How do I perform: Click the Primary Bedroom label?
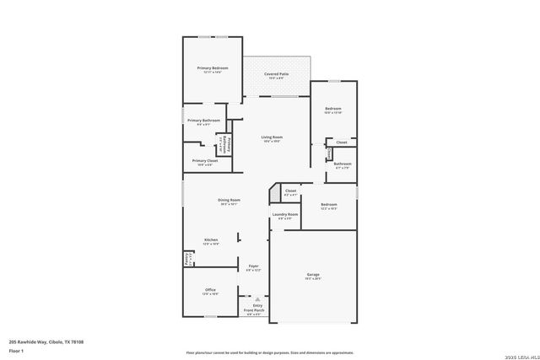click(213, 67)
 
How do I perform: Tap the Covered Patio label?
click(278, 74)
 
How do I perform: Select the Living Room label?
click(271, 137)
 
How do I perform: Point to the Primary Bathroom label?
click(204, 121)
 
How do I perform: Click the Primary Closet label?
click(205, 160)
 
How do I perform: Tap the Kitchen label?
click(211, 240)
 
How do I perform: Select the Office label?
click(210, 290)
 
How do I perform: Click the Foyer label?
click(253, 266)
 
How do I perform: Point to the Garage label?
click(312, 275)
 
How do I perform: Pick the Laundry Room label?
click(285, 215)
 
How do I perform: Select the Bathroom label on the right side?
click(342, 164)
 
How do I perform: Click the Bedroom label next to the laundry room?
click(328, 204)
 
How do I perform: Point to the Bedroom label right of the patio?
click(333, 109)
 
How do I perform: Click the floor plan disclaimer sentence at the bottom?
click(270, 352)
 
